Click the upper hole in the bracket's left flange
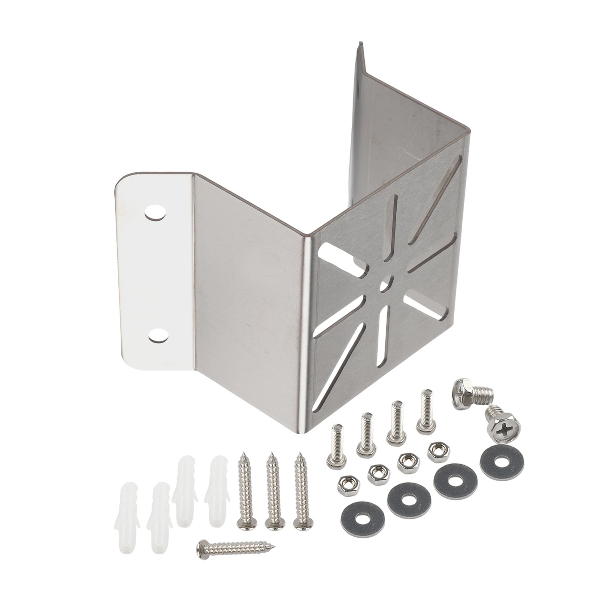coord(155,212)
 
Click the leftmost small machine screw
coord(336,447)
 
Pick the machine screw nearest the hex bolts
coord(426,412)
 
